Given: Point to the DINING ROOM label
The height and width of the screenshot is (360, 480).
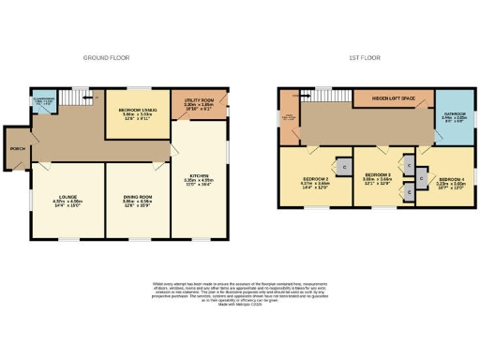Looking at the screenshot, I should tap(137, 196).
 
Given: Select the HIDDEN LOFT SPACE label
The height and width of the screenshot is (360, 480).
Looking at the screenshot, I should tap(393, 97).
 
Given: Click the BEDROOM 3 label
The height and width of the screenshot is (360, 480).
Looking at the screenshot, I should tap(378, 174).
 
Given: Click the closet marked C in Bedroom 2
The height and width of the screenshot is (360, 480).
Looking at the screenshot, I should tap(343, 166).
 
